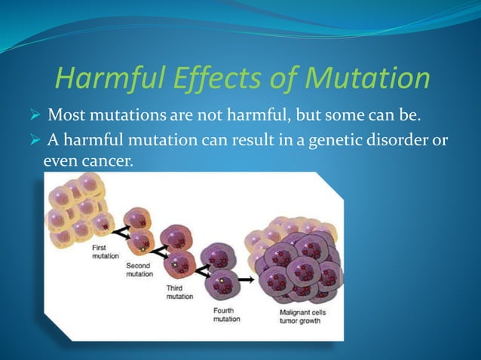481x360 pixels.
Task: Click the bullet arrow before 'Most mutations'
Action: click(x=35, y=118)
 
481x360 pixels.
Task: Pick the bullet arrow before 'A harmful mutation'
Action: click(x=35, y=140)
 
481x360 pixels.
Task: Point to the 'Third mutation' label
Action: click(x=179, y=293)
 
